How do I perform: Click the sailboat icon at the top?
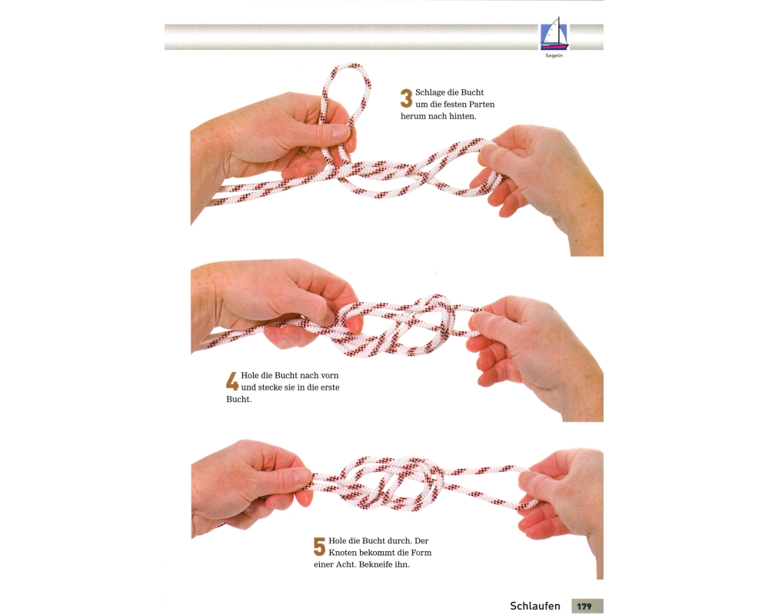[x=554, y=34]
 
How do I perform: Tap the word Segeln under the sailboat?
[x=554, y=56]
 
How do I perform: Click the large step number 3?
[x=406, y=98]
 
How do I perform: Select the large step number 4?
[x=232, y=381]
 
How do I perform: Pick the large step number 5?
[x=319, y=547]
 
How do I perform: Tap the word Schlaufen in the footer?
[x=535, y=606]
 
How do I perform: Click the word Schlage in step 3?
[x=430, y=93]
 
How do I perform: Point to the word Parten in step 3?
[x=481, y=105]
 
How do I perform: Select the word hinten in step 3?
[x=462, y=116]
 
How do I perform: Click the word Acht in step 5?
[x=345, y=564]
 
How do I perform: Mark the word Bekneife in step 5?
[x=376, y=564]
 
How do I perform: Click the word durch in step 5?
[x=402, y=541]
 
